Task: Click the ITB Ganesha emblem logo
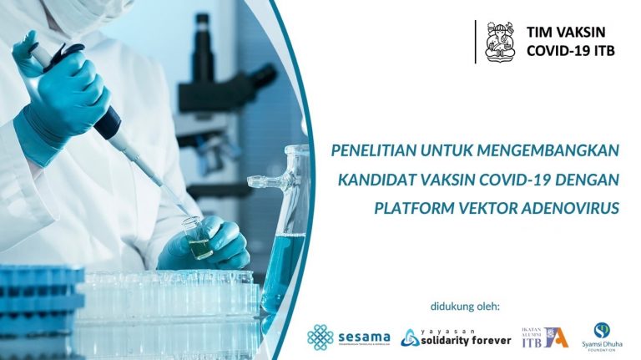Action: pyautogui.click(x=499, y=41)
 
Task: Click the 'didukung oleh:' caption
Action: pyautogui.click(x=465, y=306)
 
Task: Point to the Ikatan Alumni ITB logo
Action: pyautogui.click(x=544, y=336)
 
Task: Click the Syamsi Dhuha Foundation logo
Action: pyautogui.click(x=602, y=336)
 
